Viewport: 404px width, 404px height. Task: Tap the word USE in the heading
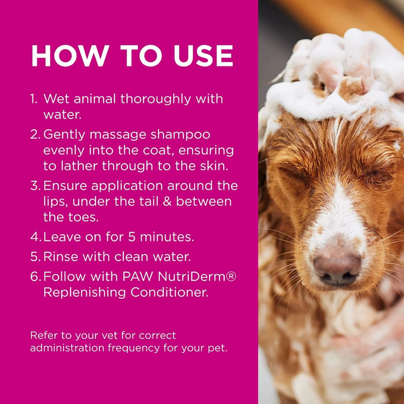click(203, 56)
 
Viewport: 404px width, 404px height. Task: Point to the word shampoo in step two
click(180, 134)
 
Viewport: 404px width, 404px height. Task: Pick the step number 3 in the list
click(35, 186)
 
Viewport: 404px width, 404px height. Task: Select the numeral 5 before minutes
click(132, 237)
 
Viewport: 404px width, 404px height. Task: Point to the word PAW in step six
click(138, 276)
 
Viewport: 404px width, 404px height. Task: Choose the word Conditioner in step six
click(169, 292)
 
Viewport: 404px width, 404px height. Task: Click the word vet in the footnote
click(109, 335)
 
